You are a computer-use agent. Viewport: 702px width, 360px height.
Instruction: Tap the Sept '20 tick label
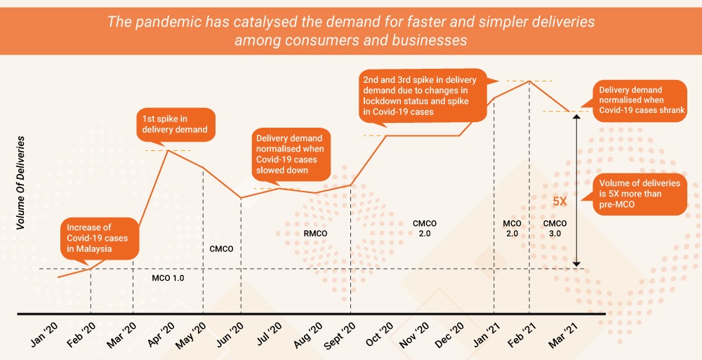342,332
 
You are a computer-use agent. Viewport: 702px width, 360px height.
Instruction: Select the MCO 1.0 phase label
168,278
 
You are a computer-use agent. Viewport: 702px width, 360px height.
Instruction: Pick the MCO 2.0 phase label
512,228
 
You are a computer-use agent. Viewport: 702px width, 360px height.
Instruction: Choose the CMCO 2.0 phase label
425,228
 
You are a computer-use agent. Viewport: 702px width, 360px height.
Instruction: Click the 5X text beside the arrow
560,201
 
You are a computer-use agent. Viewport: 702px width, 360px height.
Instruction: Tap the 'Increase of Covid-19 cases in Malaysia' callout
98,237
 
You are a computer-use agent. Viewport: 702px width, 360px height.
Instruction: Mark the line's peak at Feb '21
529,81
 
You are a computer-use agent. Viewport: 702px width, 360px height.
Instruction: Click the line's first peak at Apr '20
167,149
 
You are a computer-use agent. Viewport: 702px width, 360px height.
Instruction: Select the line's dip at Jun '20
241,198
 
